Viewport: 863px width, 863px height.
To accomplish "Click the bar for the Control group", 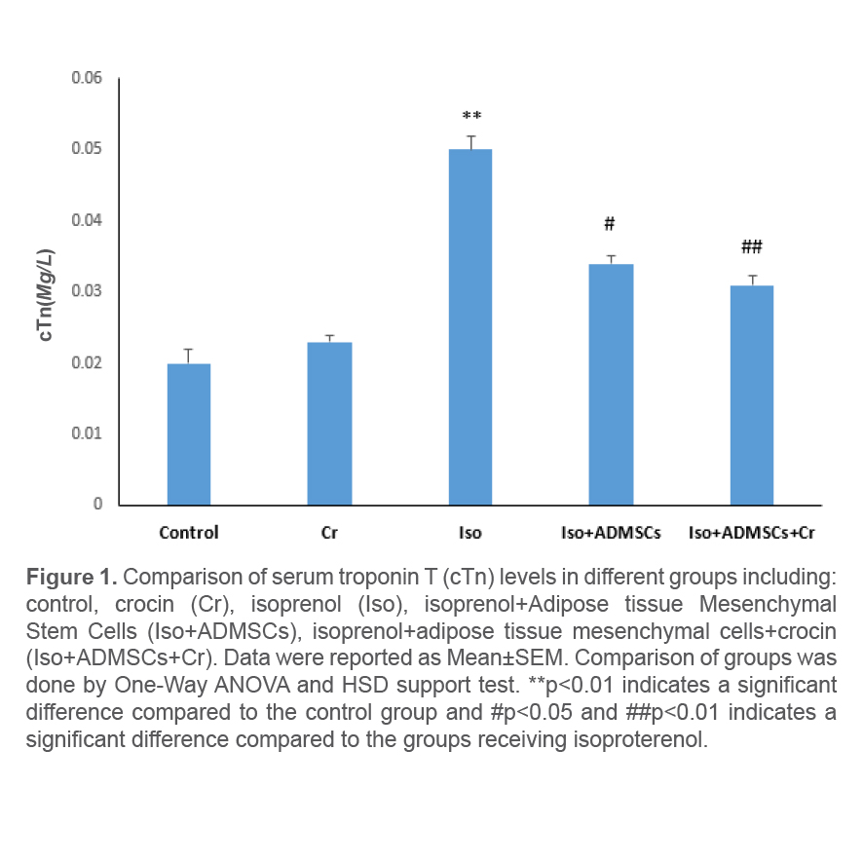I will (x=189, y=433).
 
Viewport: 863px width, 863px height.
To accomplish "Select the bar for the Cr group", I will (x=329, y=423).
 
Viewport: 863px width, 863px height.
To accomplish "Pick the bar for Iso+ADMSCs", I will (x=611, y=384).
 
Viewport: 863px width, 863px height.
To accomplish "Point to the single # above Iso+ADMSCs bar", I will (x=610, y=224).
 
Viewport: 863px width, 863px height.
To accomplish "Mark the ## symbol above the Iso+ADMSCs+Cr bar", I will (x=751, y=246).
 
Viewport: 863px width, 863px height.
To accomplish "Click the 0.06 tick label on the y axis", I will (x=87, y=78).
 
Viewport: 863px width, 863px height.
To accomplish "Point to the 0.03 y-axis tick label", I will (x=87, y=291).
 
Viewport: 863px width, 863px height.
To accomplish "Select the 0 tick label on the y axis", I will (x=98, y=505).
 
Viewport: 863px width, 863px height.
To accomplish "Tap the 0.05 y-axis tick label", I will (x=87, y=149).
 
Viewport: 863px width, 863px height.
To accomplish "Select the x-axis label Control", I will (x=189, y=533).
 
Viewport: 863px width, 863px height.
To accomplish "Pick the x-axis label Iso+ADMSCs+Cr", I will (x=751, y=533).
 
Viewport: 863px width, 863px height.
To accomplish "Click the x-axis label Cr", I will (x=329, y=533).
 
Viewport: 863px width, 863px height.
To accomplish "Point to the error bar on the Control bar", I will (x=189, y=356).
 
